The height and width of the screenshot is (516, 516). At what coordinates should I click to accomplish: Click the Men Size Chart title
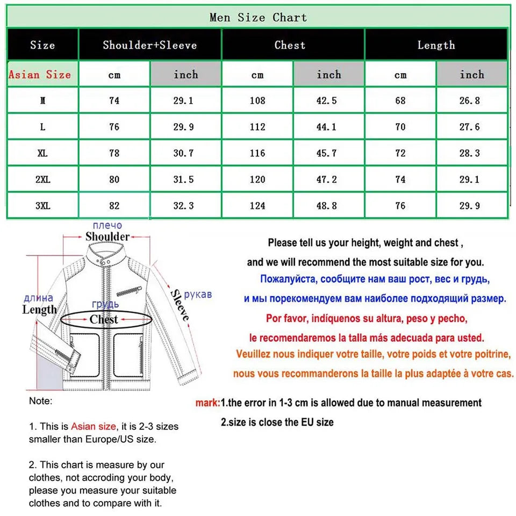258,17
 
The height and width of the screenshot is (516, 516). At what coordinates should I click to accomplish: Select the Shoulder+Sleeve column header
150,45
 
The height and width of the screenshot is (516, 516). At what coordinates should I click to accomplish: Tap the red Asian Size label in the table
40,74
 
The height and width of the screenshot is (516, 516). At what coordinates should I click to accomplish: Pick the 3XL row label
42,206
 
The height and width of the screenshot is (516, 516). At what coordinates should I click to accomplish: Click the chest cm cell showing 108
257,101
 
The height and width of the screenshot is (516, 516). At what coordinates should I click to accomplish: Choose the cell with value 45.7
328,153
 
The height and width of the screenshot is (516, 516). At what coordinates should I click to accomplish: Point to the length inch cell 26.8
471,101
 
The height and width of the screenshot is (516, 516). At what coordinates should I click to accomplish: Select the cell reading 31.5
185,180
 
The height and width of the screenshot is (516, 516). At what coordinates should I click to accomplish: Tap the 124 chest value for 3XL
257,206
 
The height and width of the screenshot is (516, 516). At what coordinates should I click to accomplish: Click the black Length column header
436,45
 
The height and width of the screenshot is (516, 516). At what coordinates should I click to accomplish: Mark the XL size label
42,153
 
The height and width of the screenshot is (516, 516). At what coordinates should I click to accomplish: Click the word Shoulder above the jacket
107,236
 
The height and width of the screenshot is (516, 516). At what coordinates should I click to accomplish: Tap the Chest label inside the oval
104,320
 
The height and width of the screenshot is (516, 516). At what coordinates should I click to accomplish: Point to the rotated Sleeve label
180,305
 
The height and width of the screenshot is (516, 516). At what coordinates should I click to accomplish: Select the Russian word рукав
198,295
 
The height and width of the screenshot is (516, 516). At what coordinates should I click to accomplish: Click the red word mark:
207,403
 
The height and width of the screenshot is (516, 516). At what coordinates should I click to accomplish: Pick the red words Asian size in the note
93,426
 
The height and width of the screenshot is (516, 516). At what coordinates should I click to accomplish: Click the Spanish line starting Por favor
367,318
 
